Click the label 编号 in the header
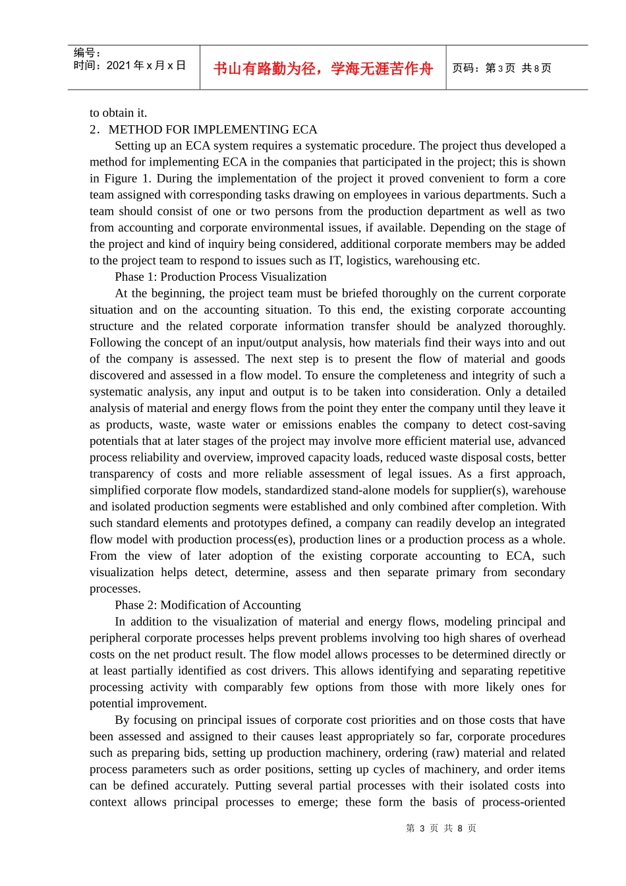click(x=86, y=53)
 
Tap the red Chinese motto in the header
click(x=323, y=69)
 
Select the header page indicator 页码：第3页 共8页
click(x=501, y=68)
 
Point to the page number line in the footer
click(x=441, y=828)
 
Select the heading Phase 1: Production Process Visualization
click(x=220, y=277)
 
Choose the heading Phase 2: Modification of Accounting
click(x=208, y=605)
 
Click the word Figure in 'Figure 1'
click(x=121, y=179)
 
